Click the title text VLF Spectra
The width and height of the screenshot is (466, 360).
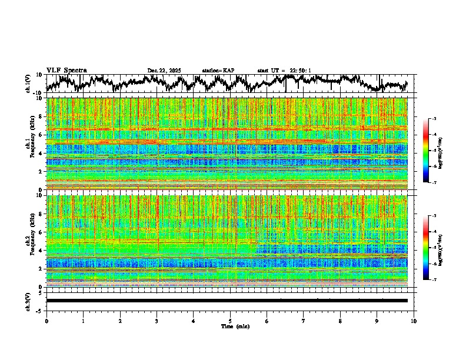point(66,70)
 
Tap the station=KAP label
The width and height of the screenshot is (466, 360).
point(218,71)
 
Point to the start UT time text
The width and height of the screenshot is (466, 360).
point(284,71)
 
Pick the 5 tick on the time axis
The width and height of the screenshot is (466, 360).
point(230,321)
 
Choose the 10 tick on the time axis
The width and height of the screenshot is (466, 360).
point(414,321)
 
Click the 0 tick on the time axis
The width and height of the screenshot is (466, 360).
point(46,321)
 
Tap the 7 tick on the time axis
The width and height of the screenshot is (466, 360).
point(304,321)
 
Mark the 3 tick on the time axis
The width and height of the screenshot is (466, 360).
point(157,321)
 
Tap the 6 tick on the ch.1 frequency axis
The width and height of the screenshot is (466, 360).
point(41,135)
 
